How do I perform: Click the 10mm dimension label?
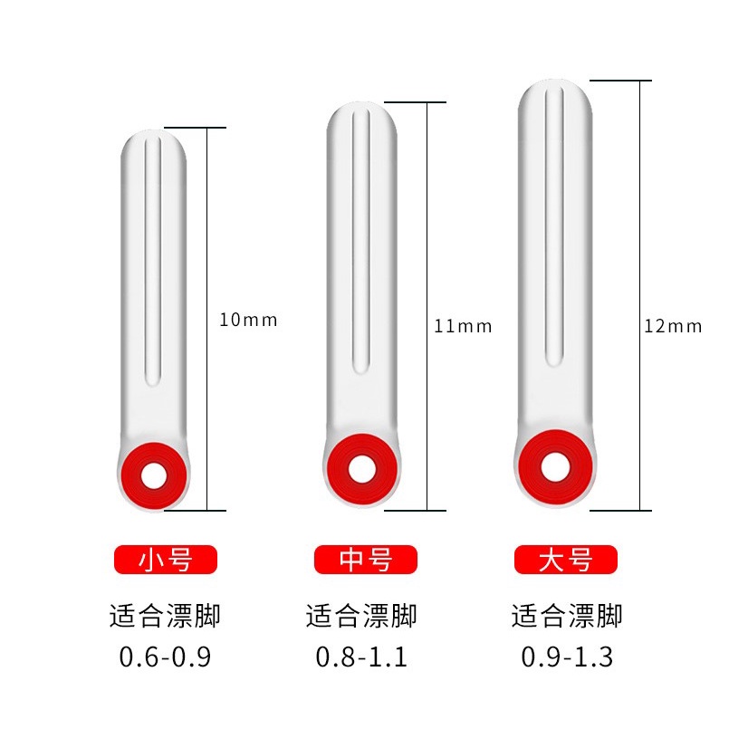(x=248, y=320)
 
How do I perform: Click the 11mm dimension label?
(x=463, y=326)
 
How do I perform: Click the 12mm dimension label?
(x=673, y=326)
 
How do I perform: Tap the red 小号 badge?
(x=166, y=559)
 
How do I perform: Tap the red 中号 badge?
(x=366, y=559)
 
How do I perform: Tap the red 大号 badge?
(x=566, y=559)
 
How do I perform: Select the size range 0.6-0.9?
(x=165, y=657)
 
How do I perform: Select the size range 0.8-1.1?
(x=361, y=657)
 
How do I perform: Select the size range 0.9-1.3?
(x=567, y=657)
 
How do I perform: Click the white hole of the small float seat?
(x=154, y=476)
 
